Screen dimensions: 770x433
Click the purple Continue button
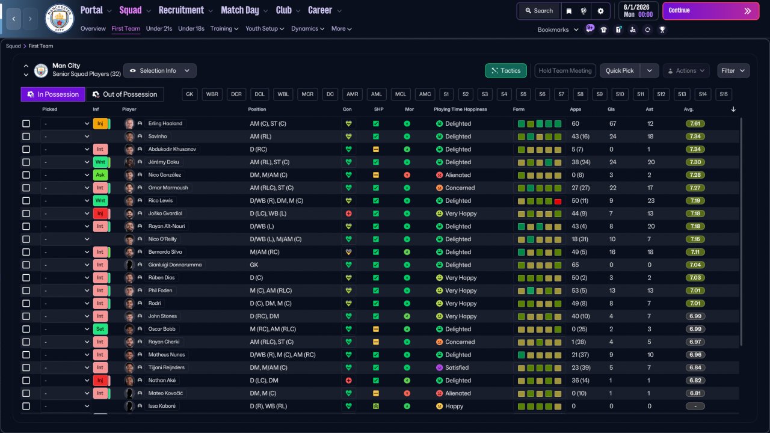pos(710,11)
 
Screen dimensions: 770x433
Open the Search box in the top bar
pos(539,11)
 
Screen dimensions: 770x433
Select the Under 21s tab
pos(159,28)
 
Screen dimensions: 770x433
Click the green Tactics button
pos(506,70)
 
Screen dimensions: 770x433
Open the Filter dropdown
pos(733,70)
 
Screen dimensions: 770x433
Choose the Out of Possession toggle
pos(125,94)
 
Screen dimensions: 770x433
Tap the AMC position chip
pos(425,94)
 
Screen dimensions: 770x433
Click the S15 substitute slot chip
pos(724,94)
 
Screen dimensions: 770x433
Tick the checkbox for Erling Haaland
pos(26,123)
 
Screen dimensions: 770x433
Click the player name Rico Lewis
pos(161,200)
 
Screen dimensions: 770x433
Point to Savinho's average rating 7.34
pos(695,137)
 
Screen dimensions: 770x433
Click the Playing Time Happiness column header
pos(460,109)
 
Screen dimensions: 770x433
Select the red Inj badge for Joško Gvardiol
pos(100,213)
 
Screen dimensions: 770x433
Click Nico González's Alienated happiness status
pos(458,175)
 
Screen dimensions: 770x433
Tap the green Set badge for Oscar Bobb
pos(100,329)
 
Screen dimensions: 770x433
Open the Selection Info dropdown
pos(160,70)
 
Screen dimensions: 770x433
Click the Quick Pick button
pos(620,70)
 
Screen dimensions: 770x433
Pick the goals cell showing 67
pos(612,123)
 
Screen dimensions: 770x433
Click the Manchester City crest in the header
pos(60,18)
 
